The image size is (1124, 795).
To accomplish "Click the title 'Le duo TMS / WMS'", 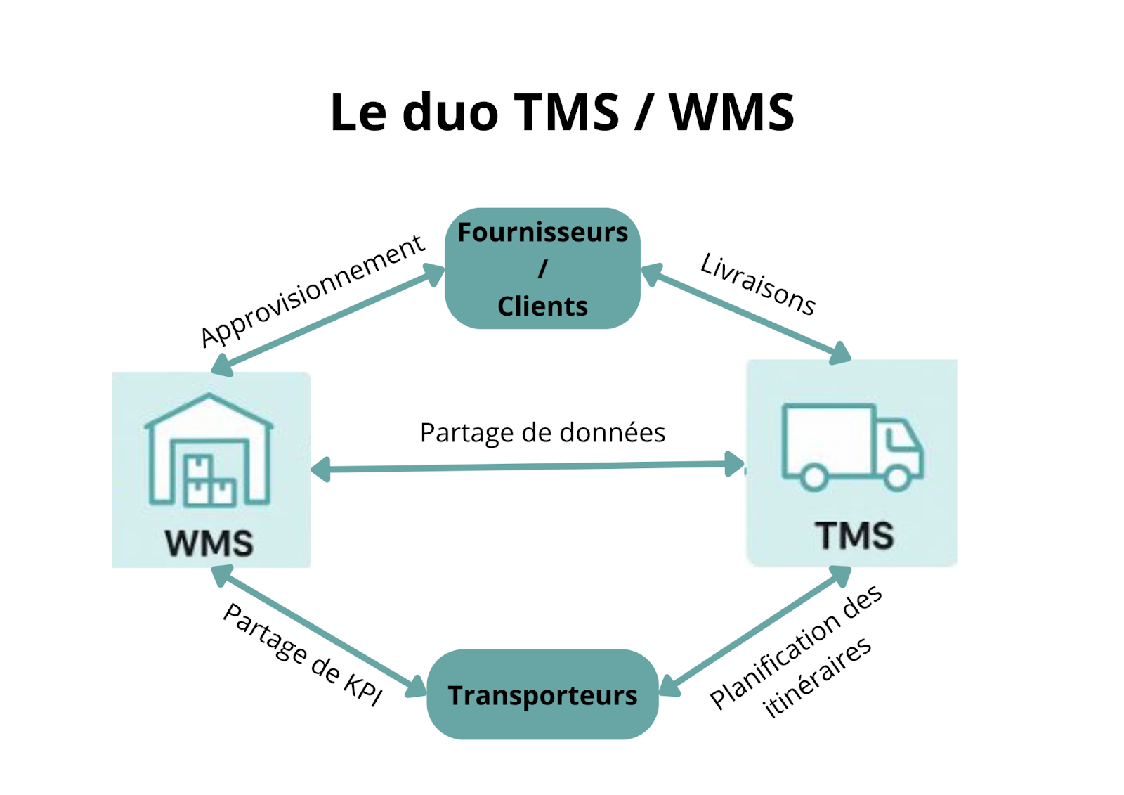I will (562, 112).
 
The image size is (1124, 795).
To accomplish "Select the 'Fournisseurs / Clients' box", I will (542, 269).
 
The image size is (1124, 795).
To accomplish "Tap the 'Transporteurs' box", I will (542, 694).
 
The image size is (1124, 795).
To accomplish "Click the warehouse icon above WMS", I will (209, 450).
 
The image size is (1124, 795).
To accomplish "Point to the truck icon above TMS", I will (852, 447).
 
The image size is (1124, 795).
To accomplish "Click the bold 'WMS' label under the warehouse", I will (209, 543).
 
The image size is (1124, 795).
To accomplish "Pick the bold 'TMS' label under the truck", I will (854, 536).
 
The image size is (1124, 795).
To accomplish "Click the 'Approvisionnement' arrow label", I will (313, 292).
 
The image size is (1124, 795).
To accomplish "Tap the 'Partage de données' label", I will (542, 433).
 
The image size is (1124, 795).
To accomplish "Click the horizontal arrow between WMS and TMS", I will (527, 467).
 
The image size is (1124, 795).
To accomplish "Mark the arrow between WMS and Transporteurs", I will (320, 631).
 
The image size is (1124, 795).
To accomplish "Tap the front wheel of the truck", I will (897, 478).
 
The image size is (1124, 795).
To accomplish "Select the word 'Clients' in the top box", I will (542, 306).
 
